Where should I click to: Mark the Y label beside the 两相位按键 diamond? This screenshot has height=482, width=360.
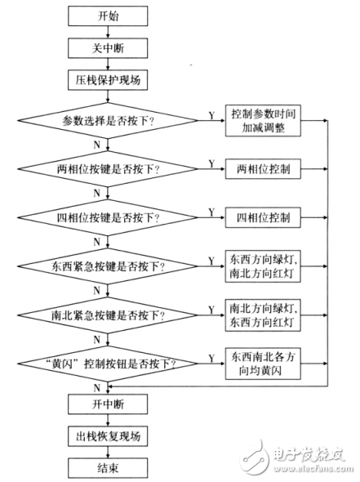[x=211, y=163]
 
